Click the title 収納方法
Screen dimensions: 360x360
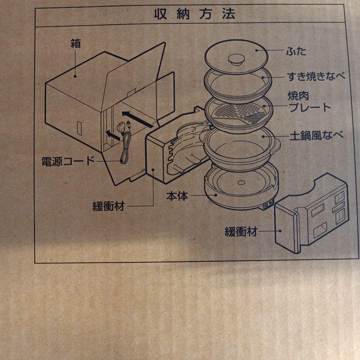pyautogui.click(x=194, y=14)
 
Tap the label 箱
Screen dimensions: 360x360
pyautogui.click(x=76, y=43)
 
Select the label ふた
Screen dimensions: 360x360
pyautogui.click(x=296, y=51)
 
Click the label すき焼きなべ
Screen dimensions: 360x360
pyautogui.click(x=316, y=76)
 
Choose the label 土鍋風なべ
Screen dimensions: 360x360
pyautogui.click(x=317, y=136)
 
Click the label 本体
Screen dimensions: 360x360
pyautogui.click(x=177, y=196)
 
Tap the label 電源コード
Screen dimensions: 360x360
pyautogui.click(x=68, y=161)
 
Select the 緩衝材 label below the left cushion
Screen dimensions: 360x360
pyautogui.click(x=108, y=206)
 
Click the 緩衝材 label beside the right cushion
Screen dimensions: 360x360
pyautogui.click(x=241, y=232)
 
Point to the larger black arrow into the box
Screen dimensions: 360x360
pyautogui.click(x=138, y=119)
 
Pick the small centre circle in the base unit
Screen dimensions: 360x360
pyautogui.click(x=241, y=183)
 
